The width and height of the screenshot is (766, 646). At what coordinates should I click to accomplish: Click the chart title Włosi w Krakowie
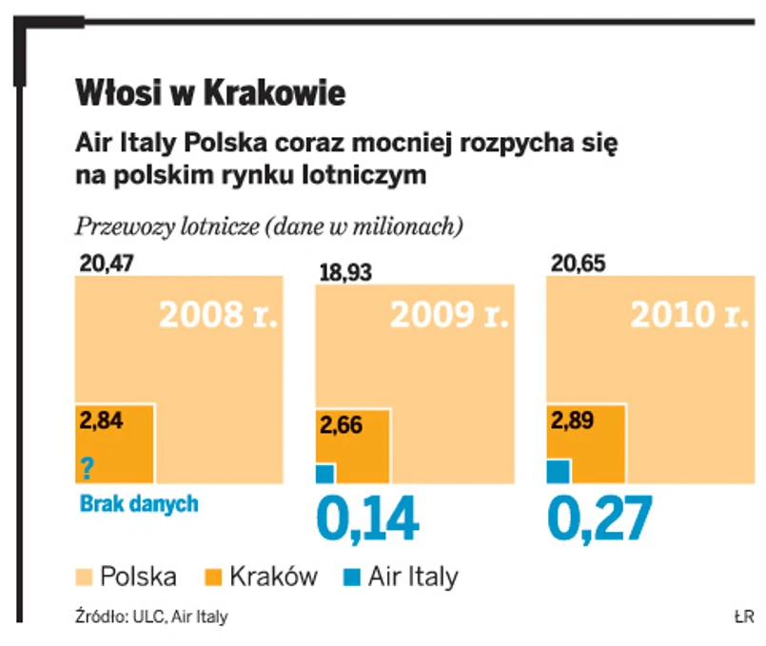point(210,95)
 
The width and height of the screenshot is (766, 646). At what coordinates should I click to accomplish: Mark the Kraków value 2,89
point(573,419)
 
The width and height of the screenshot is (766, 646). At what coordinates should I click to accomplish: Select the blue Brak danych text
point(137,503)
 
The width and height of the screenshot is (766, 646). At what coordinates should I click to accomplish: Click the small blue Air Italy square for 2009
point(324,473)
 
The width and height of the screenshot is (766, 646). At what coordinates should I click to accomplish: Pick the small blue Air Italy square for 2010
point(559,470)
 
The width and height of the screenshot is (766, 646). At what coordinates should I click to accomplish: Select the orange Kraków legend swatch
point(214,576)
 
